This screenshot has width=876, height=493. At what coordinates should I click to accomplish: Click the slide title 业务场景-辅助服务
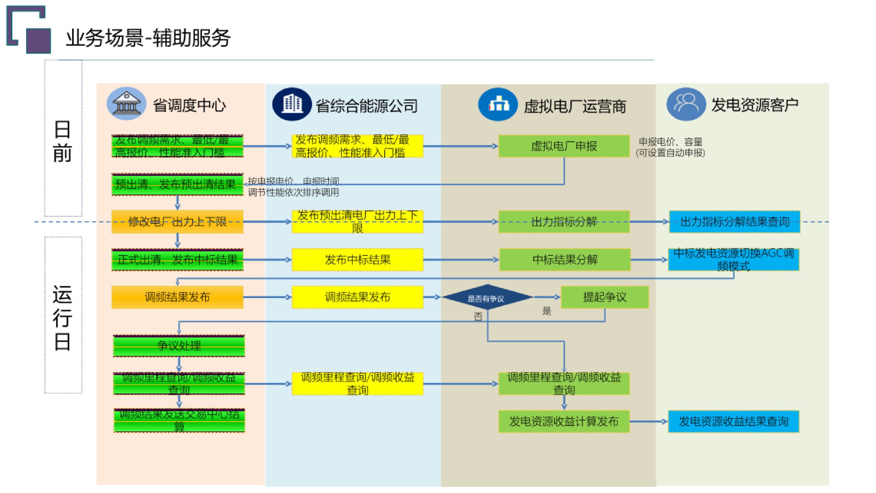point(148,38)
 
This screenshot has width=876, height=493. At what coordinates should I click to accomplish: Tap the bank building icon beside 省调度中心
point(126,103)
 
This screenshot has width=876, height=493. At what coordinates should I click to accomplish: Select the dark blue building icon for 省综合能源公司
point(292,104)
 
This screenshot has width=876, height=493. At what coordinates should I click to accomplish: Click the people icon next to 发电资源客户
point(686,104)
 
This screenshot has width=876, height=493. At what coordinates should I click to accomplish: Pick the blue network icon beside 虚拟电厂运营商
point(498,104)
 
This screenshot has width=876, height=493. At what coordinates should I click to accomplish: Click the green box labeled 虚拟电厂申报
point(564,146)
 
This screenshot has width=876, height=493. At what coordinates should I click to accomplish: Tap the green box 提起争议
point(604,297)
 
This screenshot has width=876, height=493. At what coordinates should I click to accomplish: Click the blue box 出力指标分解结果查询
point(734,222)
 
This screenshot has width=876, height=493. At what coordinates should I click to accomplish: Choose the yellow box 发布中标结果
point(357,260)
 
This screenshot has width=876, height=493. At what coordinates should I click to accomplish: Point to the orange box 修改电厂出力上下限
point(177,222)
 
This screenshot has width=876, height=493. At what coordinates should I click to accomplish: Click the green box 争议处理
point(179,346)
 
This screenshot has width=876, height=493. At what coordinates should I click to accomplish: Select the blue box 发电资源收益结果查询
point(733,421)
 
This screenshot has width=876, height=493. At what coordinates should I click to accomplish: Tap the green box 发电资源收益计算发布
point(564,421)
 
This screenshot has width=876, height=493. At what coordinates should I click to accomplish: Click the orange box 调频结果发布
point(177,297)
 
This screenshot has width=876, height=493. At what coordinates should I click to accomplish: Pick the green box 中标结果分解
point(565,260)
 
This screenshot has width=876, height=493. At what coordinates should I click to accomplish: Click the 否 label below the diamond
point(478,316)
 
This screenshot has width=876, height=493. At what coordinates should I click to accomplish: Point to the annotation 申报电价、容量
point(670,142)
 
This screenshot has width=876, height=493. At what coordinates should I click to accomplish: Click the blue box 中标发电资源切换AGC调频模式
point(733,260)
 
